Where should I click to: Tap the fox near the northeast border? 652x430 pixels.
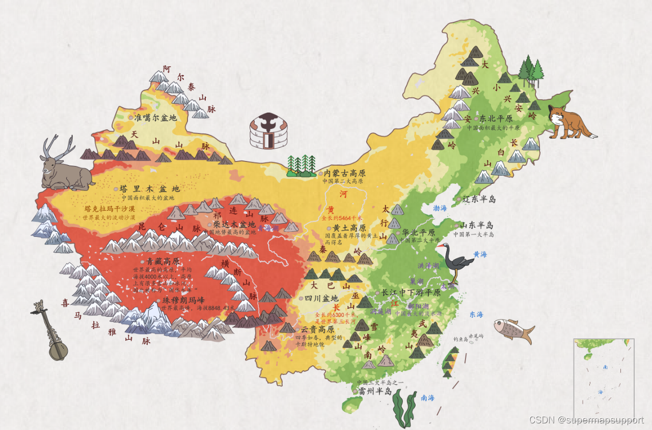[x=568, y=122]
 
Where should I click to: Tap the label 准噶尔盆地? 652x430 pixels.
[x=155, y=118]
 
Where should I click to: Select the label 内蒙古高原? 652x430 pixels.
[x=344, y=173]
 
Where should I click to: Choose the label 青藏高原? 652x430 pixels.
[x=160, y=261]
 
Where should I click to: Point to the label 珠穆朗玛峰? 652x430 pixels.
[x=183, y=300]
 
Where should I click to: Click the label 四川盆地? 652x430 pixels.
[x=321, y=299]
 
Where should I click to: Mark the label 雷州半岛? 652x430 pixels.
[x=375, y=391]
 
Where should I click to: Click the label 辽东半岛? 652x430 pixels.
[x=479, y=199]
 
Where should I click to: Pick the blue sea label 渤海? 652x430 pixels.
[x=440, y=208]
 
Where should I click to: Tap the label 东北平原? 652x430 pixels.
[x=496, y=119]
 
